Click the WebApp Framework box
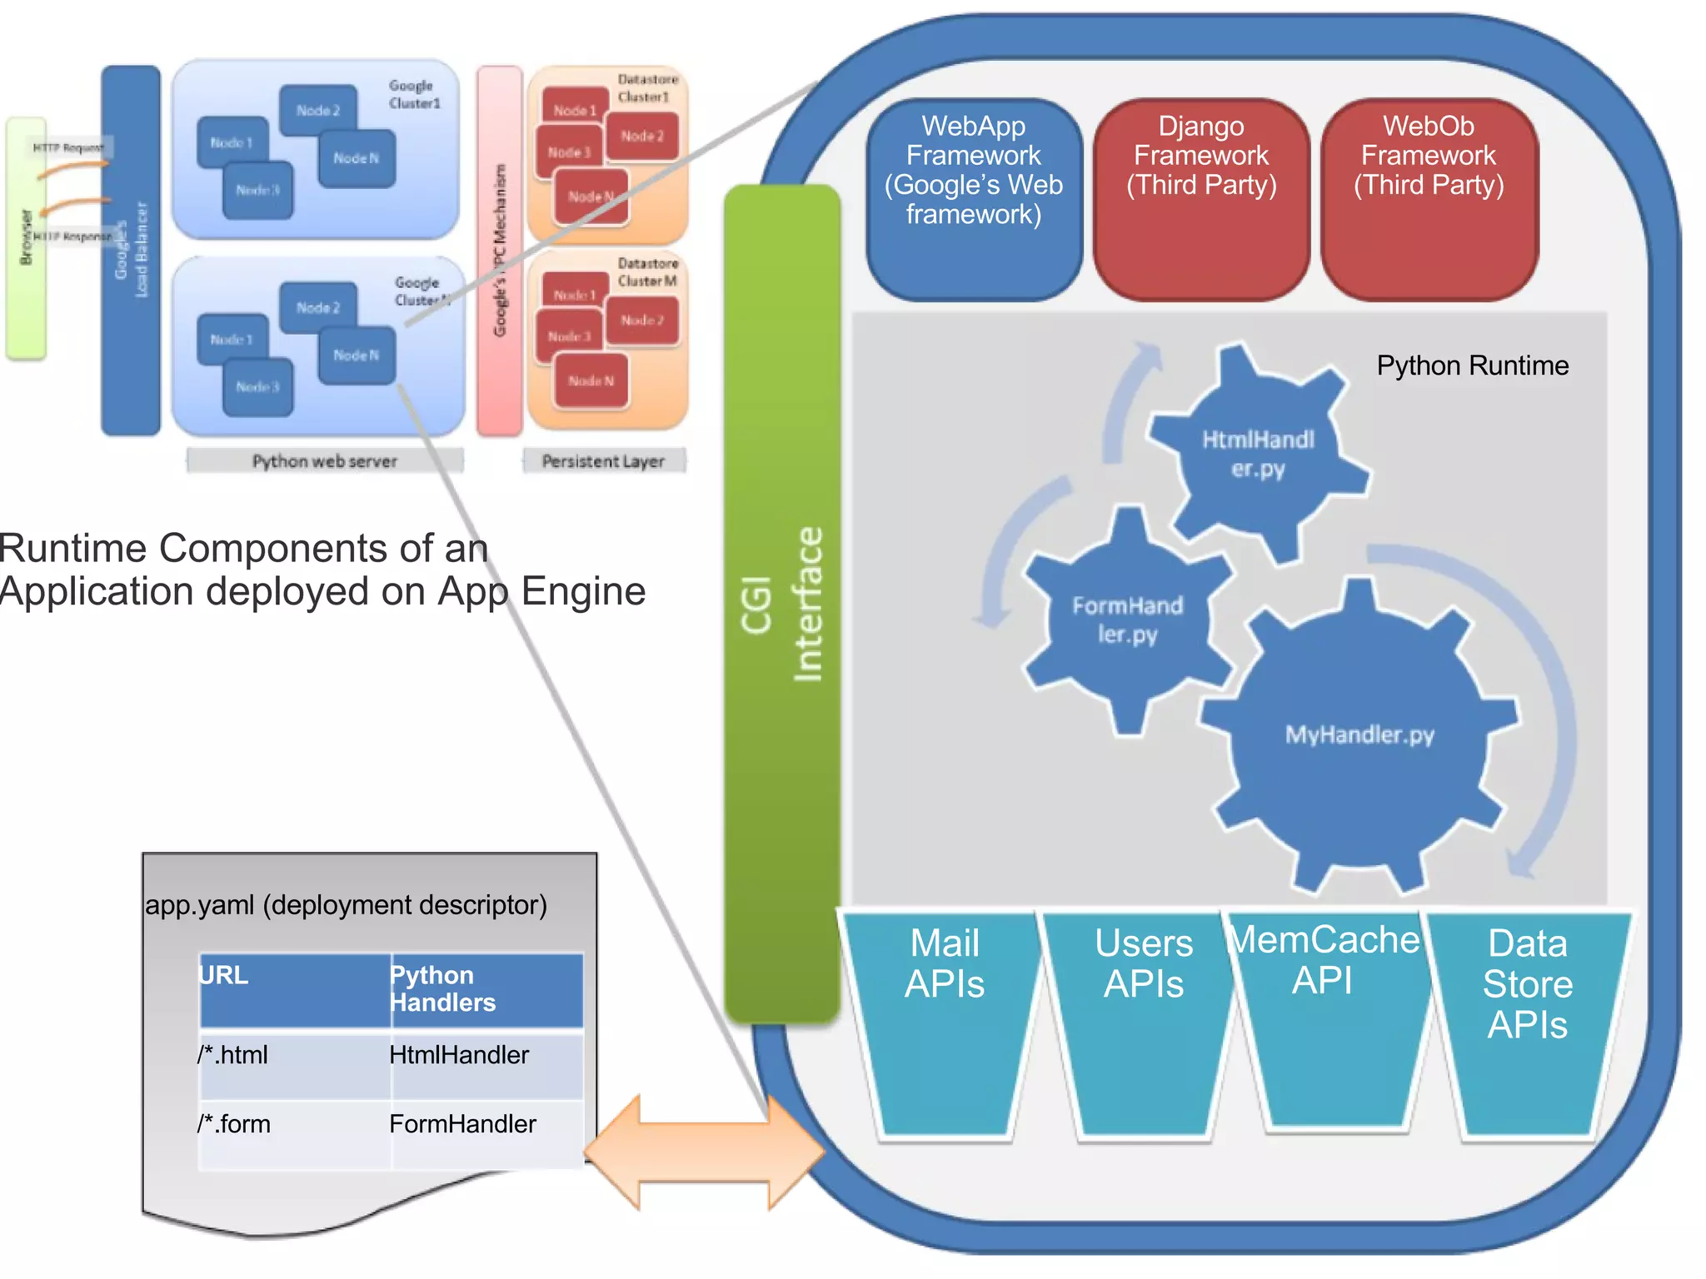973,200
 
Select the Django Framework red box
1200,200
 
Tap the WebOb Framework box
1429,200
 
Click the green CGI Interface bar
781,604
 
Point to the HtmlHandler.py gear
1258,454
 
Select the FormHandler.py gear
1127,620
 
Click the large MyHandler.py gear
1359,734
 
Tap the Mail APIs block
945,1024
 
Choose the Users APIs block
1143,1024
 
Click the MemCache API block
1324,1024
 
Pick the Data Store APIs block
1527,1024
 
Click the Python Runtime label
1472,366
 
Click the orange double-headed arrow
704,1152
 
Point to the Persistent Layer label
603,461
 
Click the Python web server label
325,461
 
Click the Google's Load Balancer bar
131,250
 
